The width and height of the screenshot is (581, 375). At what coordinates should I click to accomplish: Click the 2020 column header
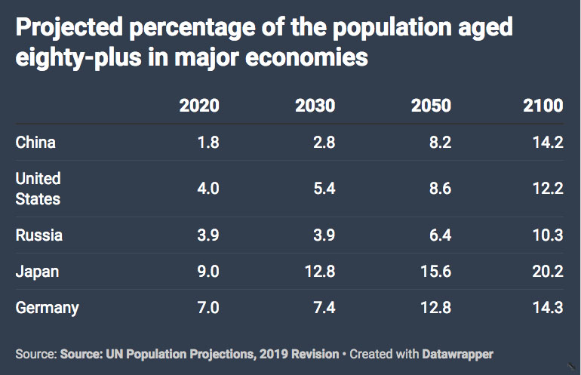(199, 106)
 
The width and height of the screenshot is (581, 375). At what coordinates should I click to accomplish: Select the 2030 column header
(315, 106)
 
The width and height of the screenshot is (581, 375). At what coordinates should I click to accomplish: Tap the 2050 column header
(432, 106)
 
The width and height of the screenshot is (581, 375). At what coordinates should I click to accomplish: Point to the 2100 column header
(543, 106)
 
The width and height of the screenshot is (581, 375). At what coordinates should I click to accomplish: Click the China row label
(35, 143)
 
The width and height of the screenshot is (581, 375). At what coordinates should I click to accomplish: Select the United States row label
(38, 189)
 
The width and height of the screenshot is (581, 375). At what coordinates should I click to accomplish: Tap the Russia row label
(39, 235)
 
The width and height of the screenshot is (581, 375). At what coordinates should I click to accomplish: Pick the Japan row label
(37, 272)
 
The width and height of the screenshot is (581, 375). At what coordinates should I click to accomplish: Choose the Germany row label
(47, 308)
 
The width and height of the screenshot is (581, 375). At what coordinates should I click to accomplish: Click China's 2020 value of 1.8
(208, 143)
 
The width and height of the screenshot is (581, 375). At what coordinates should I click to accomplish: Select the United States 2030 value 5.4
(324, 189)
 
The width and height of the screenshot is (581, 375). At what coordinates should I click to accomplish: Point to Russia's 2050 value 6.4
(440, 235)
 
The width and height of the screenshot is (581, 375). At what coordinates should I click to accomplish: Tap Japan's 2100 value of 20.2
(548, 272)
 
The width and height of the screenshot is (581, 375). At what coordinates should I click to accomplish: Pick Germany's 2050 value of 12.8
(436, 308)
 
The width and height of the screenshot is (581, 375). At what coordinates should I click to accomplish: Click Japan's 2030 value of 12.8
(320, 272)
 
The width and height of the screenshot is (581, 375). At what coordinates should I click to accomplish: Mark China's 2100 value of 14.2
(548, 143)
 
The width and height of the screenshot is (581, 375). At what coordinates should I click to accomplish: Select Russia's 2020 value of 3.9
(208, 235)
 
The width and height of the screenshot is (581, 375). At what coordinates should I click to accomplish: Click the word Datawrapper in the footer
(457, 354)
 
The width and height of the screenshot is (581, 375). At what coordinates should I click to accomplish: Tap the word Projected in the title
(69, 28)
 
